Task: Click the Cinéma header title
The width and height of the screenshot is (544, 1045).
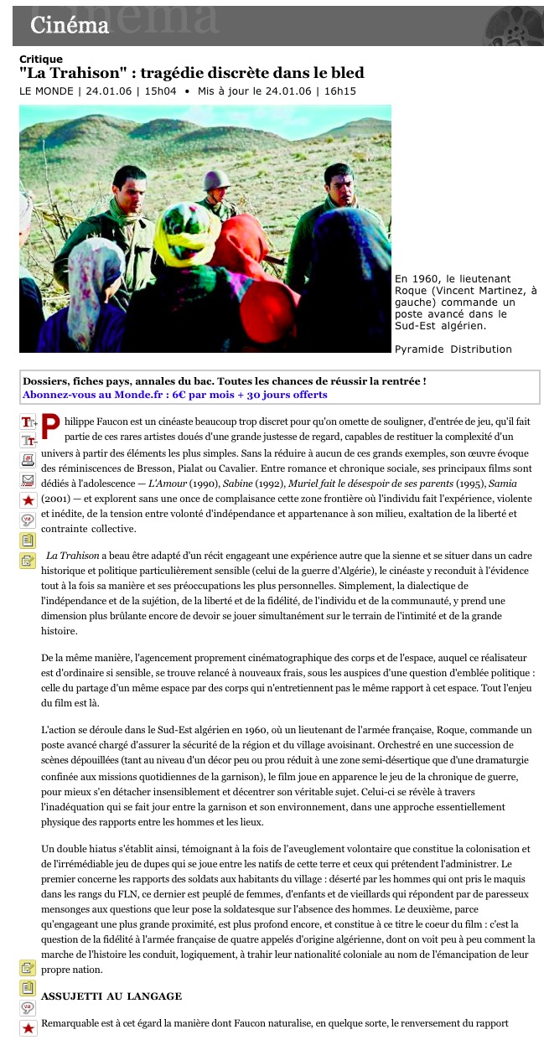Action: pos(70,26)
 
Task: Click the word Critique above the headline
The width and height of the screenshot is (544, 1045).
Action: pos(41,59)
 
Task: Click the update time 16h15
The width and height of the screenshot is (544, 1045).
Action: pos(340,91)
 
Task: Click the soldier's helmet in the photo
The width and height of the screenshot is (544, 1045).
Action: pos(217,178)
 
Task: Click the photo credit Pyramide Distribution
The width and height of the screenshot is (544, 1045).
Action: pos(453,349)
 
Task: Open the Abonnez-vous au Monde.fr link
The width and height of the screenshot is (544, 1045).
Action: pos(174,395)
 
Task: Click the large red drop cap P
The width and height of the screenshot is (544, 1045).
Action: pos(51,427)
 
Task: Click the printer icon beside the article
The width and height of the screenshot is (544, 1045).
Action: pos(28,460)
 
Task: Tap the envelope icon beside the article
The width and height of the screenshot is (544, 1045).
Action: pos(28,480)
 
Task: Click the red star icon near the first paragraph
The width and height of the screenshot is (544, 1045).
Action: pos(28,500)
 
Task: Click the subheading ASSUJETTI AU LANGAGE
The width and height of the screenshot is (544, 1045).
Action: pos(111,996)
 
